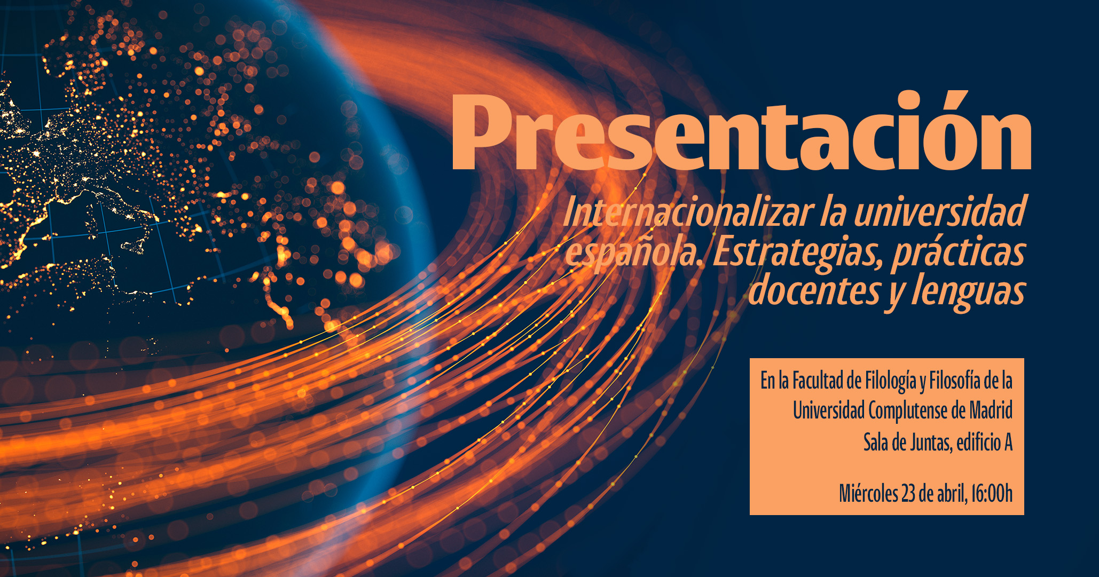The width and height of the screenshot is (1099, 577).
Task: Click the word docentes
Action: pos(815,290)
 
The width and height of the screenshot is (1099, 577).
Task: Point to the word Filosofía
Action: pos(955,381)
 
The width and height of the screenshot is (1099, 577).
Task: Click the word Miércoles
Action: pos(868,493)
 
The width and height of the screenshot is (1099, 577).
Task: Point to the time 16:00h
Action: pos(992,494)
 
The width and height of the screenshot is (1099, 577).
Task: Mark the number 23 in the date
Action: pos(909,494)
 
